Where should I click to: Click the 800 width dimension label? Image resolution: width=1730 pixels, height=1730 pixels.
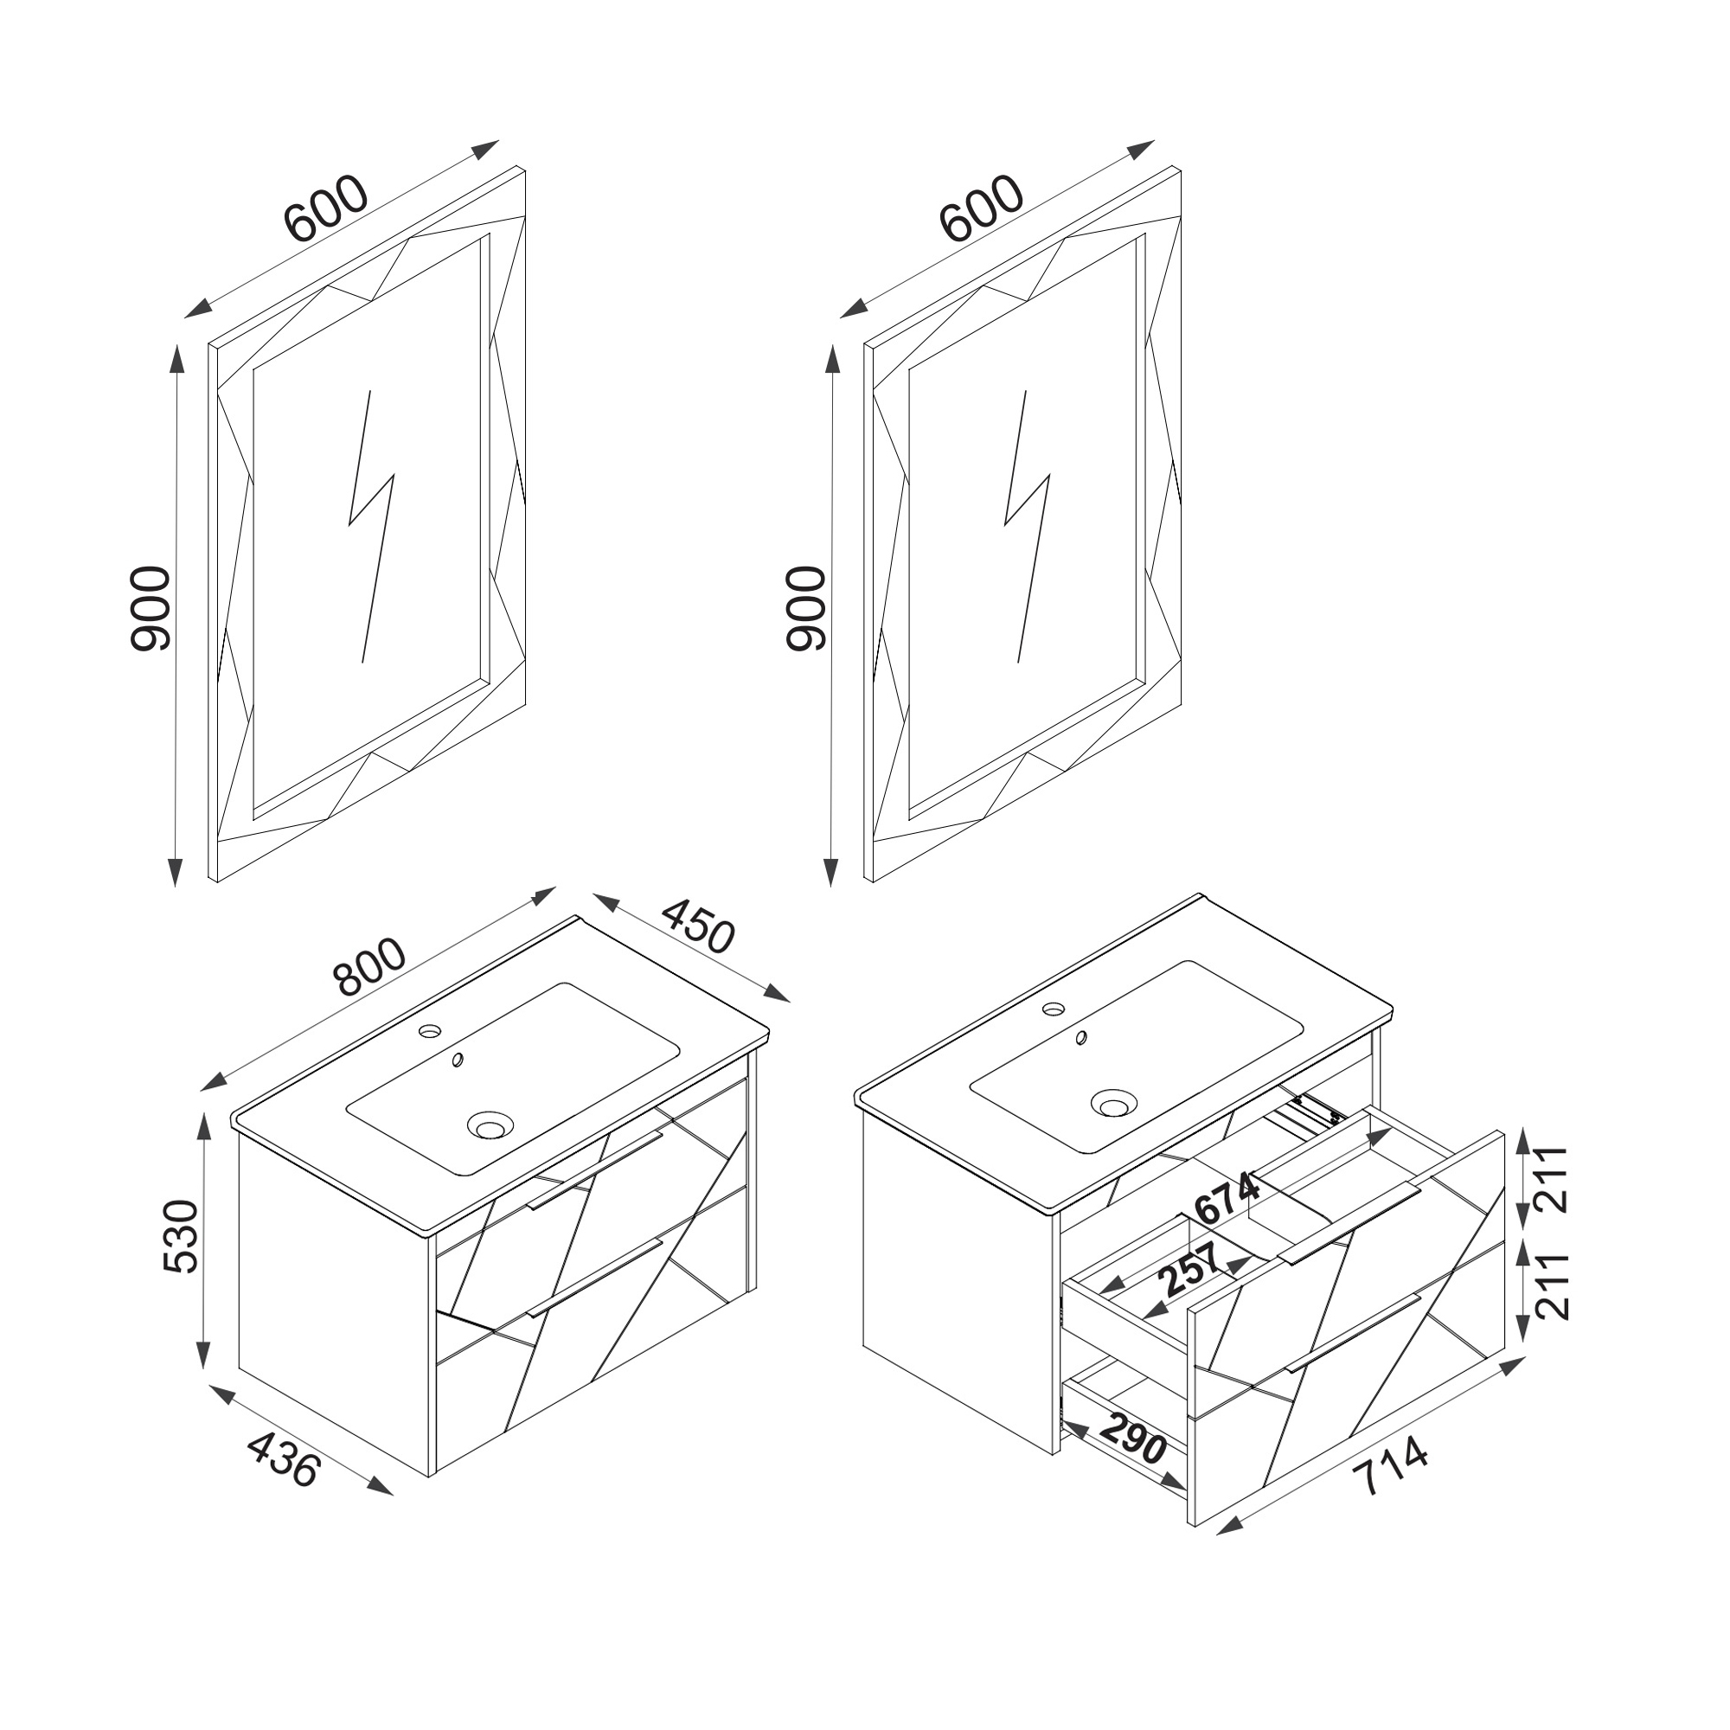coord(370,968)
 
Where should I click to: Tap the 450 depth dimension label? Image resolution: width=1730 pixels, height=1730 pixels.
coord(698,925)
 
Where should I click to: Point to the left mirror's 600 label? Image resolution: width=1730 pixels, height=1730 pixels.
coord(326,208)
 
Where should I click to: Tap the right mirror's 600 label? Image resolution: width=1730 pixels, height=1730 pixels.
coord(982,208)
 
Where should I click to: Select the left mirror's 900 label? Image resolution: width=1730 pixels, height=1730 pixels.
coord(150,608)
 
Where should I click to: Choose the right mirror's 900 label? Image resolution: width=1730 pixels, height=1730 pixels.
coord(805,608)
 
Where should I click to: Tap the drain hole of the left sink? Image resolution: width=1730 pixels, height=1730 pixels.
coord(490,1124)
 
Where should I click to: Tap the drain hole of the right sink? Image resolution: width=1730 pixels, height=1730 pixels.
coord(1113,1102)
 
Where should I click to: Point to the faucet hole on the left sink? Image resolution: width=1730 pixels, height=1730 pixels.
coord(431,1032)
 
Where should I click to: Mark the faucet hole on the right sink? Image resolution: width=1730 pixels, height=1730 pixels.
coord(1054,1009)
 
